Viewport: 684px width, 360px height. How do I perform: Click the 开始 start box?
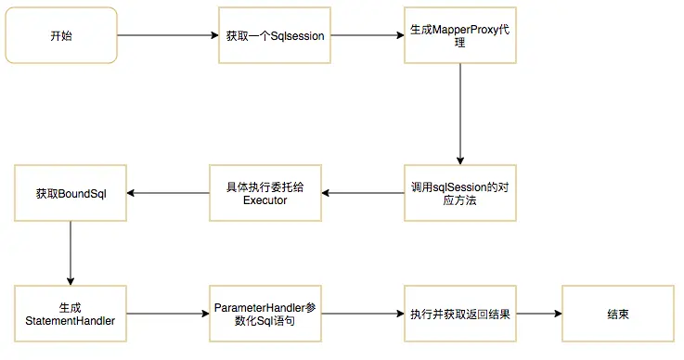pos(62,35)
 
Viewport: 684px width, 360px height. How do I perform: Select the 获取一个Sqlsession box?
pos(274,35)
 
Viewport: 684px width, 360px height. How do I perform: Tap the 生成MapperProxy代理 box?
pos(460,35)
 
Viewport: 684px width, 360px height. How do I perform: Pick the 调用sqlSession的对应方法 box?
pos(460,193)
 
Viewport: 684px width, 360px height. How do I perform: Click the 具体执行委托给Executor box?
pos(265,193)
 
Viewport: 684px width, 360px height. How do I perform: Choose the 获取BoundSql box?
pos(71,193)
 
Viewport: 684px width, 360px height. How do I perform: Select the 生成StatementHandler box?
pos(71,315)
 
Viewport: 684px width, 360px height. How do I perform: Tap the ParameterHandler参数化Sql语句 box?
pos(265,315)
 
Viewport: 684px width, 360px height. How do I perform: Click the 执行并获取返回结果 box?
pos(460,315)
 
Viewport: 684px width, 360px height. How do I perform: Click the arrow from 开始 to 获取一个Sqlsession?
pos(168,35)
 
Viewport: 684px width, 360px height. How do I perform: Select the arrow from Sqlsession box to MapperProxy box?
pos(368,35)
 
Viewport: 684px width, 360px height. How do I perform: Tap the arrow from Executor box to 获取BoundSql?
pos(168,193)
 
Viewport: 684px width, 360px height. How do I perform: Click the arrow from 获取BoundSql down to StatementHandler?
pos(71,253)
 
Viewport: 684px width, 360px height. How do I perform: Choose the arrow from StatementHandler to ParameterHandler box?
pos(168,315)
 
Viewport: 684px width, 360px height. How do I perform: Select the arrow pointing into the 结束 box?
pos(538,315)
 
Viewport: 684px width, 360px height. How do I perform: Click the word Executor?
pos(265,200)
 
